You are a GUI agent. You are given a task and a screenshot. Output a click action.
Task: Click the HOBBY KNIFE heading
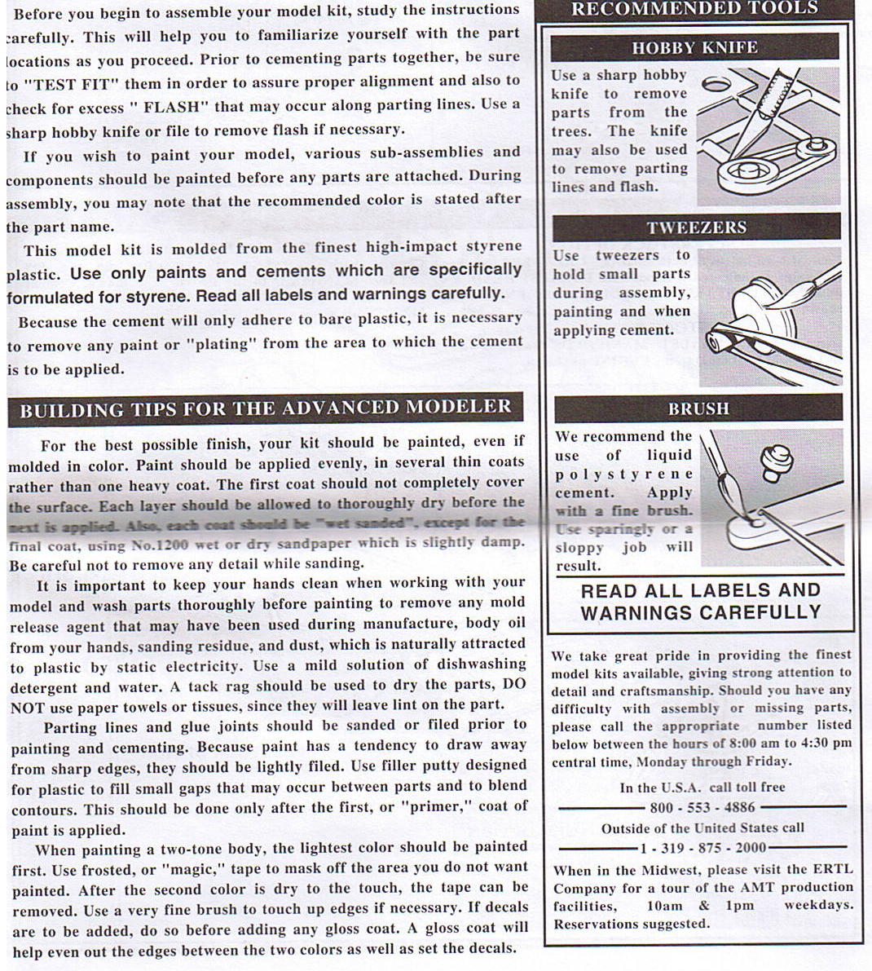tap(694, 47)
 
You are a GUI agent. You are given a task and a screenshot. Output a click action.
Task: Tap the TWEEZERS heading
tap(696, 227)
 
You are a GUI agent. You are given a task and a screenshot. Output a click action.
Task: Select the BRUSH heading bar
tap(698, 408)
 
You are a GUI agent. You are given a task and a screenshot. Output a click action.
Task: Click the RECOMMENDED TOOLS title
tap(695, 10)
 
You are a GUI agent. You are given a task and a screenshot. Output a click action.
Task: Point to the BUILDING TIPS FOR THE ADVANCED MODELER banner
tap(265, 409)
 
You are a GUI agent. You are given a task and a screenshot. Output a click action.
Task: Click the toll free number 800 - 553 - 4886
tap(702, 807)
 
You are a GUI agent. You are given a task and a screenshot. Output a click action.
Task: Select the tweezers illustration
tap(769, 316)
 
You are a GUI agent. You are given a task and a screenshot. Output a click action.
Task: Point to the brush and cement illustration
tap(771, 497)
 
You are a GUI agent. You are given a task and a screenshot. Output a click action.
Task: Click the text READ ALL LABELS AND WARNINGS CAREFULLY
tap(701, 602)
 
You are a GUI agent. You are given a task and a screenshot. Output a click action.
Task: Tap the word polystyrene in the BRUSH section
tap(623, 474)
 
